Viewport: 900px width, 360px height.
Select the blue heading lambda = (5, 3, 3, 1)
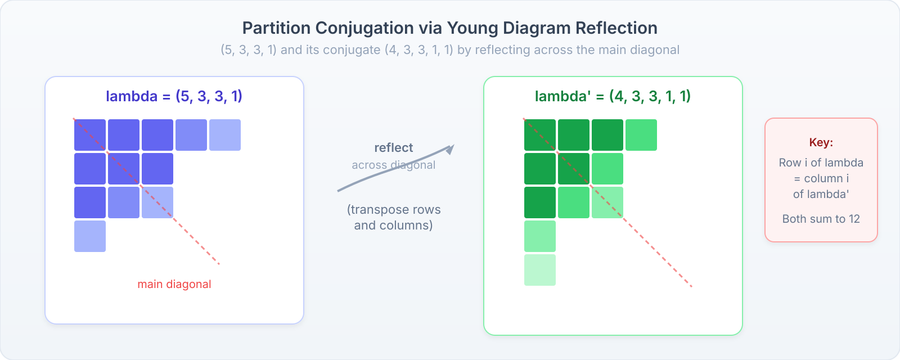(x=174, y=96)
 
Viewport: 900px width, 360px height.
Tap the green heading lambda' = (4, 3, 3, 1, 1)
(x=613, y=96)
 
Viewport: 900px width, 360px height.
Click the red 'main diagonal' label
(x=174, y=284)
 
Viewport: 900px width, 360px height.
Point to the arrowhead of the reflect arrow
(x=451, y=149)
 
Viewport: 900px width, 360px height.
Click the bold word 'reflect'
(x=393, y=148)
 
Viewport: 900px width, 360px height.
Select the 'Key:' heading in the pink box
(x=821, y=142)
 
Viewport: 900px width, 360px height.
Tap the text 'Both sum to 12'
(x=821, y=219)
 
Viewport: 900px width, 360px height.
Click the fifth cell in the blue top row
(x=225, y=135)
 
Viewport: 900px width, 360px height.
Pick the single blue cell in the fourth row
(x=90, y=236)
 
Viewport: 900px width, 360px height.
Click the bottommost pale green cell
(x=540, y=270)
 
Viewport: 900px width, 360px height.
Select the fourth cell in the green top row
(x=641, y=135)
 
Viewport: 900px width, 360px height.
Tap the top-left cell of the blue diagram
(x=90, y=135)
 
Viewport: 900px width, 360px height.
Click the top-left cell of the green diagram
(x=540, y=135)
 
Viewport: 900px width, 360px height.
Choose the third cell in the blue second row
(x=157, y=169)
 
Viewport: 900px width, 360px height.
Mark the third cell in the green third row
(x=607, y=202)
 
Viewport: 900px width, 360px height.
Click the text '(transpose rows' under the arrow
(x=394, y=209)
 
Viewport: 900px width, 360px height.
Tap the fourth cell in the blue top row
(x=191, y=135)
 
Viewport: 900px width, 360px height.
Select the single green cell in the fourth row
(x=540, y=236)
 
